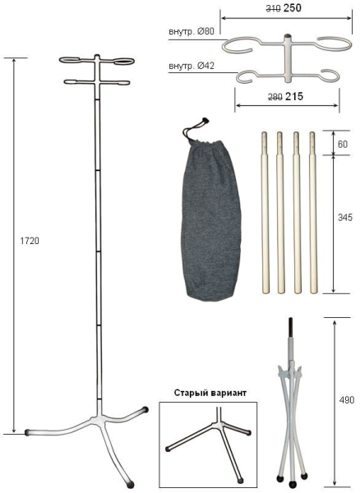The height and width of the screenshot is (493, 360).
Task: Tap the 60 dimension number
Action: [343, 143]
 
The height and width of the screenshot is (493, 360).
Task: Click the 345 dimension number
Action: [344, 221]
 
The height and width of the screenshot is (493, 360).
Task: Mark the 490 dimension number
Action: [347, 400]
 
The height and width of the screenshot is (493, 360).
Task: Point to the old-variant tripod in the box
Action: [209, 444]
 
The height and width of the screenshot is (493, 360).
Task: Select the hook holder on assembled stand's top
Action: [97, 71]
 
